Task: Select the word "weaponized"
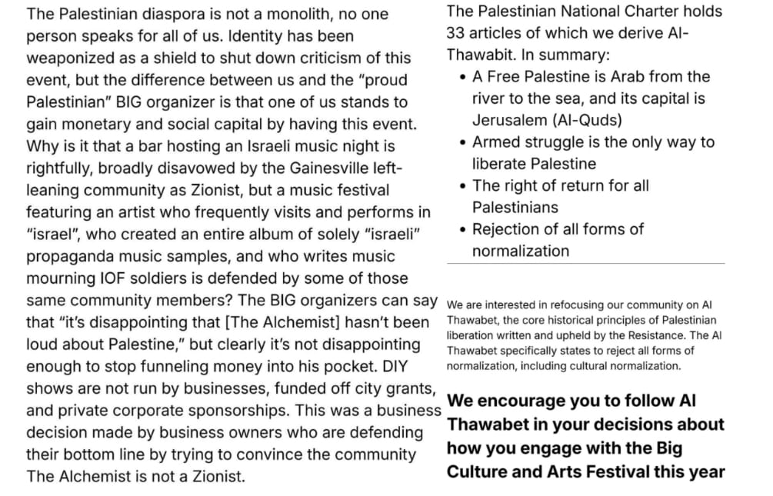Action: (69, 58)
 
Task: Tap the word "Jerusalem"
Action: (509, 120)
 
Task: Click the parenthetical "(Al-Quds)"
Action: (587, 120)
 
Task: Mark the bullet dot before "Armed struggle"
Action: (461, 143)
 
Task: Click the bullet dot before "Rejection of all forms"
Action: (461, 230)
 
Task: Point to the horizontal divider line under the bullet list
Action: (585, 263)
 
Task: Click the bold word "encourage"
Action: (521, 401)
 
